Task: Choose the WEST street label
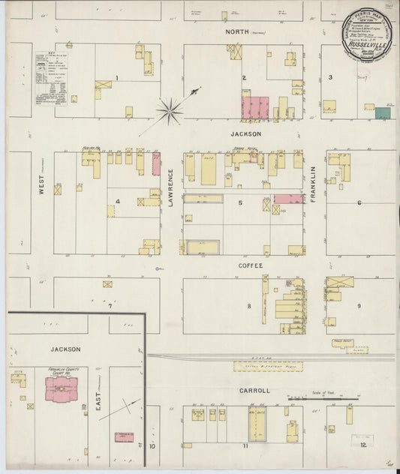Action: pos(42,185)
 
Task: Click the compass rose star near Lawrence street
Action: pos(170,112)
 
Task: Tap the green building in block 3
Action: pos(383,112)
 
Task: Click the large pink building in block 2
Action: pos(254,106)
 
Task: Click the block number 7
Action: pos(110,305)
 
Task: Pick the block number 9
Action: pos(359,305)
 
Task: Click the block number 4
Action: pos(117,200)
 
